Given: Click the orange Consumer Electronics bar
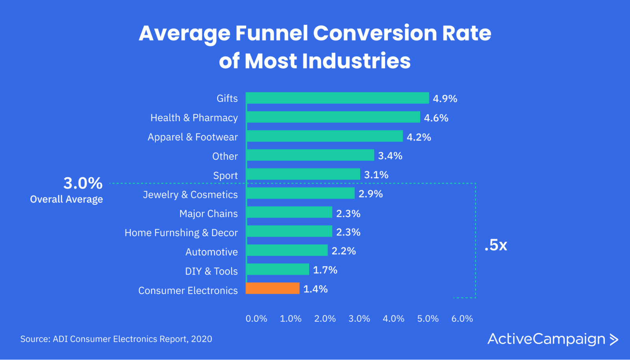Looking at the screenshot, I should (272, 288).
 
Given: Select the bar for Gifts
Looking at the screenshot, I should (337, 98).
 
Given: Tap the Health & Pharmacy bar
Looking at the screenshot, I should (333, 117).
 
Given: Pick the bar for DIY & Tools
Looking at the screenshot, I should (277, 270).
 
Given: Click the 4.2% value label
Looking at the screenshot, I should (419, 137).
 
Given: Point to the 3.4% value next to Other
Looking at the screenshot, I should (390, 156).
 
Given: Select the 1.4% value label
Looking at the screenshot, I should (315, 289).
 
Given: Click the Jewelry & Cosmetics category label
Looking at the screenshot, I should (190, 194).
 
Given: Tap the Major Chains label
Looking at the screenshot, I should (208, 214).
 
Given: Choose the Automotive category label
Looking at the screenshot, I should (211, 252).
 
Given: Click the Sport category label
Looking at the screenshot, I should (225, 175).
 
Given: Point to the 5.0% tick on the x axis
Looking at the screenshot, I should (428, 319).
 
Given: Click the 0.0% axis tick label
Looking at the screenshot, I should (256, 319).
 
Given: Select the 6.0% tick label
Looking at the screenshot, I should (462, 319).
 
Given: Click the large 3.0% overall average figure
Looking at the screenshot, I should (83, 183).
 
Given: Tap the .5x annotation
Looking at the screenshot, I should (496, 245).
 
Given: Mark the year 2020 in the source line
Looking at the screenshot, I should (202, 339).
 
